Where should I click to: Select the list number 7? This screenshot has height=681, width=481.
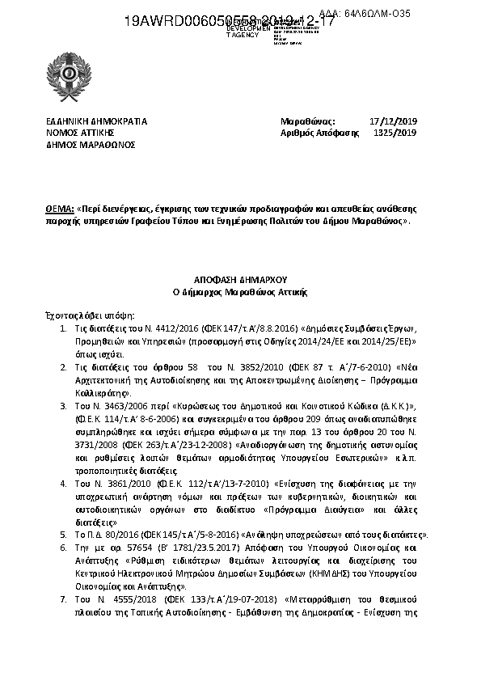tap(65, 601)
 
